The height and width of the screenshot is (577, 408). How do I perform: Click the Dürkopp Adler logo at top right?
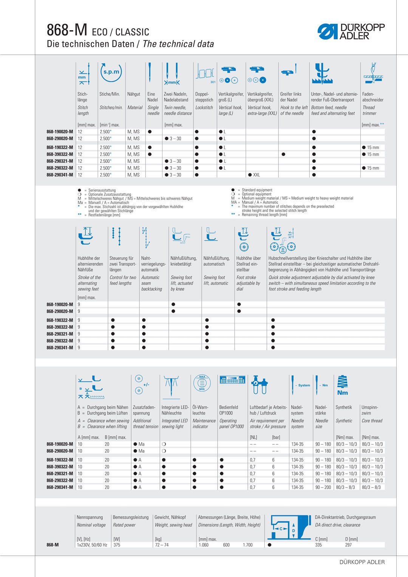[351, 32]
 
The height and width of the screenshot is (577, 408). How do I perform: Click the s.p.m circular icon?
[111, 72]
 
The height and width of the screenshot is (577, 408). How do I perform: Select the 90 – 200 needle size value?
[323, 488]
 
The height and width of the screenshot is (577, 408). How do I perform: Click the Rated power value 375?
[117, 545]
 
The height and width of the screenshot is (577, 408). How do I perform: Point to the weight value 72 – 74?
[162, 545]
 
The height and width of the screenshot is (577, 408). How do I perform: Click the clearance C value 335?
[318, 545]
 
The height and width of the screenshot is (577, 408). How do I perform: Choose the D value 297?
[348, 545]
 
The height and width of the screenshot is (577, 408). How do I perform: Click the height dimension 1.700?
[247, 545]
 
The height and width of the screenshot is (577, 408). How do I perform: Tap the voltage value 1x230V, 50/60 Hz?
[92, 545]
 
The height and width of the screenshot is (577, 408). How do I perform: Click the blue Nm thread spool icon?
[342, 385]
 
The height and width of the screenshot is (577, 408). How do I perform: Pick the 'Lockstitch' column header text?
[204, 108]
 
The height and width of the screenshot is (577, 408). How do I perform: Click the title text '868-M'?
[67, 30]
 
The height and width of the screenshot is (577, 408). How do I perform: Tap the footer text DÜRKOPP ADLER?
[362, 562]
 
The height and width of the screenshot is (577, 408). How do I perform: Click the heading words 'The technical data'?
[178, 44]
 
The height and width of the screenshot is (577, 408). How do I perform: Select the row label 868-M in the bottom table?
[53, 545]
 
